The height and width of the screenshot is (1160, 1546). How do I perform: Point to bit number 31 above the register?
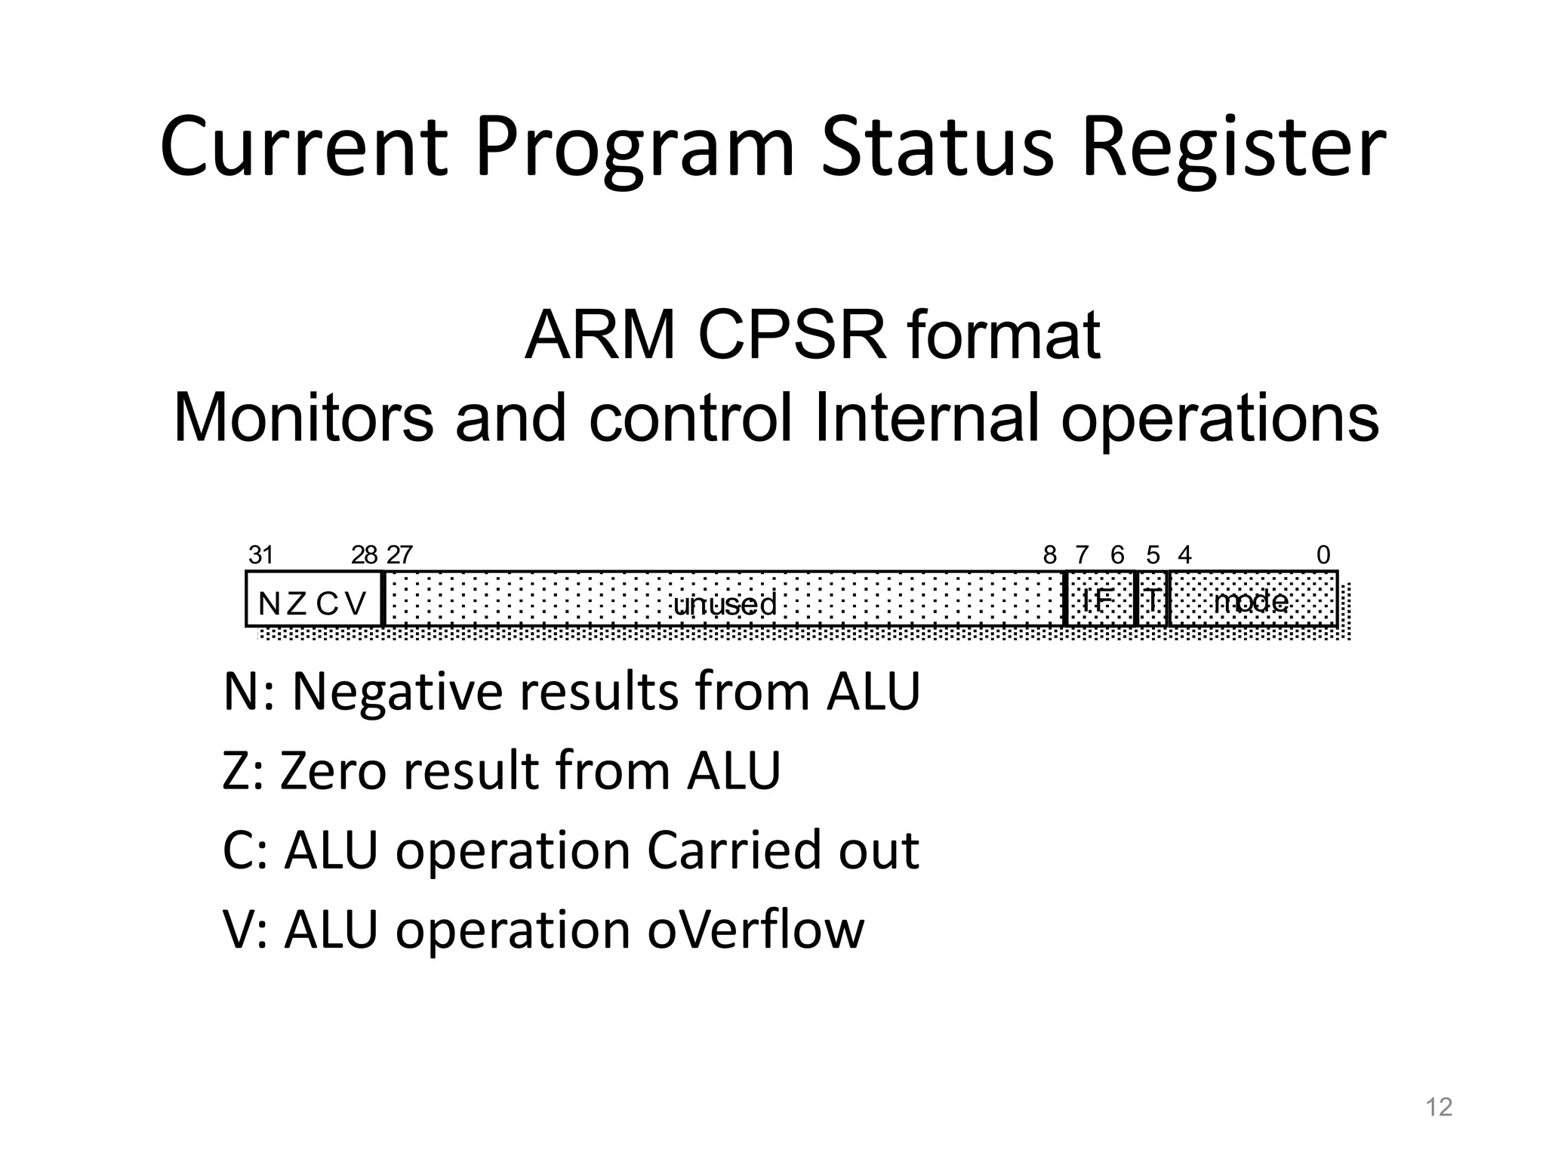point(260,556)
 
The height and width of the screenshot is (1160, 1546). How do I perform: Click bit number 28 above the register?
point(364,556)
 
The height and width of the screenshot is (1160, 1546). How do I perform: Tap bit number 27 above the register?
point(399,556)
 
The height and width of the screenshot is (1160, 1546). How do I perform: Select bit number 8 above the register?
point(1049,556)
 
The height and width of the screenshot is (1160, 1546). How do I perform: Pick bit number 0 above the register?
point(1323,556)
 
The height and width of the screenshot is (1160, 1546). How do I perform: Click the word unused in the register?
point(724,604)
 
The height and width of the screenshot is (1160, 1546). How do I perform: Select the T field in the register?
point(1152,601)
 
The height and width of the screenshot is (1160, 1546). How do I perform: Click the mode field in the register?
point(1252,601)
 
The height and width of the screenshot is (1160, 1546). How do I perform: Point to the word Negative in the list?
point(397,692)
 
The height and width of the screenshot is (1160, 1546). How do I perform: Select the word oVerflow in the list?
point(756,929)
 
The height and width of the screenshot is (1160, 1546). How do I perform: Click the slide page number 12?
point(1439,1107)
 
